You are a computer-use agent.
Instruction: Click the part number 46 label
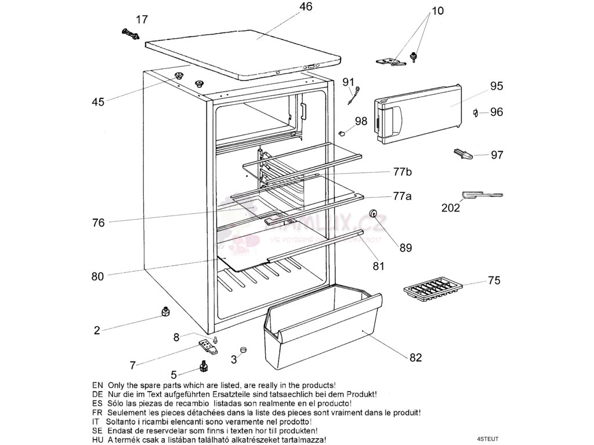[306, 7]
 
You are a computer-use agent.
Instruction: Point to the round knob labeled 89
[375, 216]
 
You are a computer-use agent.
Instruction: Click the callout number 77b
[402, 172]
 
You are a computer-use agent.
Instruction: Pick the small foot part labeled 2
[165, 312]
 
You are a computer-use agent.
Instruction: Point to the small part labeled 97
[463, 154]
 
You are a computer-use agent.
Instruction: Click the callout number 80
[97, 276]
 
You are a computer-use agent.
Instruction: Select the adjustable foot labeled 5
[204, 367]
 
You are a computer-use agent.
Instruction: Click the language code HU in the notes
[97, 440]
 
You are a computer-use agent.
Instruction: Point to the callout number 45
[98, 102]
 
